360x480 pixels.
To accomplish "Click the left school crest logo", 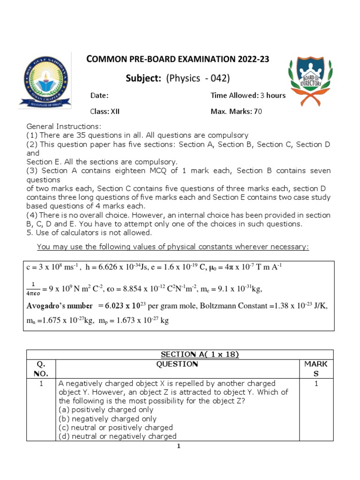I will click(42, 85).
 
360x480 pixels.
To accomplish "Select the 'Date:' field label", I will click(99, 96).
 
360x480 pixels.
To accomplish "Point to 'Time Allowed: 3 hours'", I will click(248, 96).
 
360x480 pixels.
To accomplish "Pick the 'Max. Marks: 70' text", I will click(236, 112).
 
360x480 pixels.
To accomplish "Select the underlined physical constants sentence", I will click(173, 247).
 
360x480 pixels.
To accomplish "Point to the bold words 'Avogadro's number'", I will click(59, 306).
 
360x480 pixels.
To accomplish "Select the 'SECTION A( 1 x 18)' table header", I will click(200, 354).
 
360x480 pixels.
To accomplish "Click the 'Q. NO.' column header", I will click(41, 368).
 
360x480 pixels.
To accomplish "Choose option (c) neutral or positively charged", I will click(116, 427).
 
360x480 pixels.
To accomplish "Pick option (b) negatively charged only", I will click(107, 419).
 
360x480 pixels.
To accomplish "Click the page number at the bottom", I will click(179, 446).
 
